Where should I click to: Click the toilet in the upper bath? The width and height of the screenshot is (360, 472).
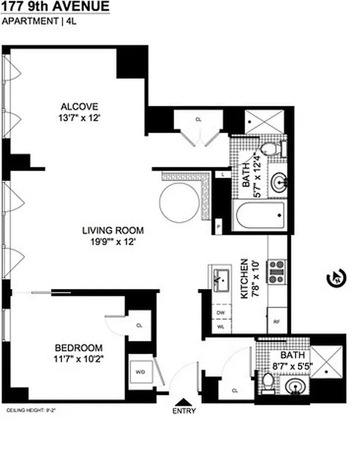[270, 147]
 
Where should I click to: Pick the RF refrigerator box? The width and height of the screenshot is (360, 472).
[277, 322]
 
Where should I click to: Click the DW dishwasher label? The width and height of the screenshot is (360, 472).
[220, 312]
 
